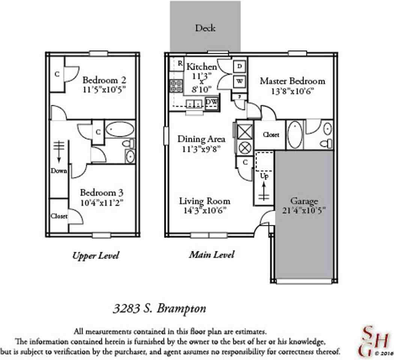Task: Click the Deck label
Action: [205, 28]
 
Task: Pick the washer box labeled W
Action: [239, 81]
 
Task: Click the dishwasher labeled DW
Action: [212, 102]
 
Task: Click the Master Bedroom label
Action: [292, 81]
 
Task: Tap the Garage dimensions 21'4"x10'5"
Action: [304, 210]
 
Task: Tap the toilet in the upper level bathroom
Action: [128, 144]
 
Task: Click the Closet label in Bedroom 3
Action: [59, 216]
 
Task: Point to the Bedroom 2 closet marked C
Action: [57, 74]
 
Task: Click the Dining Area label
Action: [202, 139]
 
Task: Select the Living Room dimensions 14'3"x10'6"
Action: [205, 210]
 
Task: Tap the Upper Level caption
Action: [95, 256]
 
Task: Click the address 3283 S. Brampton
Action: [159, 309]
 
